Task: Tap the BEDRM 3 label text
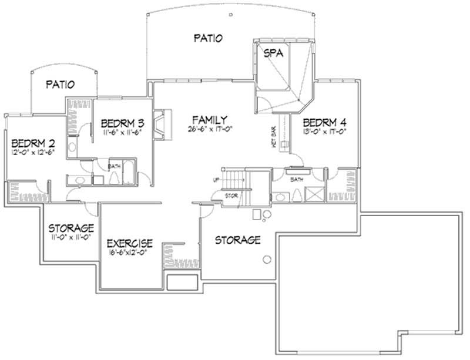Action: pos(123,123)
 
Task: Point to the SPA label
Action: pos(274,53)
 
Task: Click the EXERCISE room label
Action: pos(130,243)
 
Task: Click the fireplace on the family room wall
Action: pos(159,125)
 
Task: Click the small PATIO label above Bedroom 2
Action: pos(60,85)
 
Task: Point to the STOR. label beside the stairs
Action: pos(231,196)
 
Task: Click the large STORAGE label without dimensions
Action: pos(237,240)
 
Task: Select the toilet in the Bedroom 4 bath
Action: pos(297,194)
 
